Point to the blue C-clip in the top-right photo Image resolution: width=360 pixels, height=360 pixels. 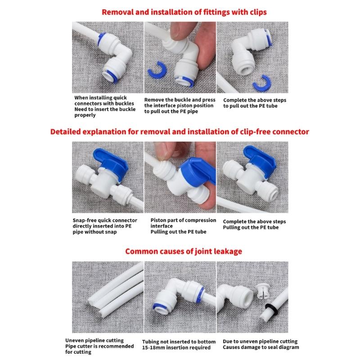pyautogui.click(x=260, y=83)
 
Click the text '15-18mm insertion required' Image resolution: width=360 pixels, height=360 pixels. pyautogui.click(x=176, y=348)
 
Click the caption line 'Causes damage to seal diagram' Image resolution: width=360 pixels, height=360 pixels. pyautogui.click(x=261, y=348)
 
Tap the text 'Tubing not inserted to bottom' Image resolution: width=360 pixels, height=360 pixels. pyautogui.click(x=179, y=342)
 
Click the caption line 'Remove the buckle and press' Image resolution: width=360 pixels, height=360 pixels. pyautogui.click(x=180, y=100)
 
